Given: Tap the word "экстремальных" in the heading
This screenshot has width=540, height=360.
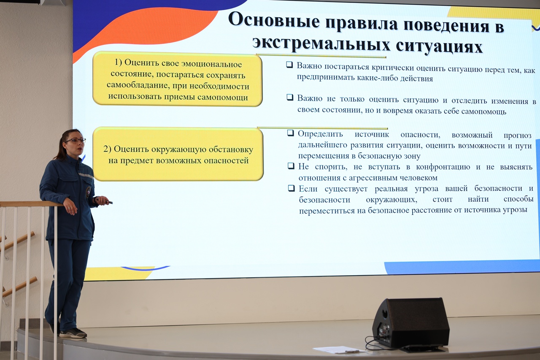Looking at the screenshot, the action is [321, 43].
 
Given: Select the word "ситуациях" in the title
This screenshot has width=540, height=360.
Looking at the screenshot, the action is [439, 46].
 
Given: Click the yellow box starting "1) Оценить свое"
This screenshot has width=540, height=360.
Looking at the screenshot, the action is [178, 79].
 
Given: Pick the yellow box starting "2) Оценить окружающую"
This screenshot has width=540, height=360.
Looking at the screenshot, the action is [178, 154].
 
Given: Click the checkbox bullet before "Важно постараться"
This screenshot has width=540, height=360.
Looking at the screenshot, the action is [289, 65].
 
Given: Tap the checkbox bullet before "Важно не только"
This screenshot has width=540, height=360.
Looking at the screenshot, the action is [290, 97].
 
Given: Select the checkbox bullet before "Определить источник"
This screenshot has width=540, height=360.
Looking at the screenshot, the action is [291, 133].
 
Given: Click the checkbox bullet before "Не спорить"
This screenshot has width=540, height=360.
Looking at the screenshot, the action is [291, 166].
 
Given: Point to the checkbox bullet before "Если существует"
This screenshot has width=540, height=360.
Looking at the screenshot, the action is [292, 188].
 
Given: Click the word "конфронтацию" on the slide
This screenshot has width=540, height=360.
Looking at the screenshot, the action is [443, 167].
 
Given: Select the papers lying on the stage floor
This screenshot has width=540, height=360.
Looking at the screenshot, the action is [338, 349].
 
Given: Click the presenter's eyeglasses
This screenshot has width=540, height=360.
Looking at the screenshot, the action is [76, 141].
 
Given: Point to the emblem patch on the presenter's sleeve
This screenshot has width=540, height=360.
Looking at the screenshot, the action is [89, 192].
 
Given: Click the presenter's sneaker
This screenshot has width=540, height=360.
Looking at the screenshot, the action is [73, 333].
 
